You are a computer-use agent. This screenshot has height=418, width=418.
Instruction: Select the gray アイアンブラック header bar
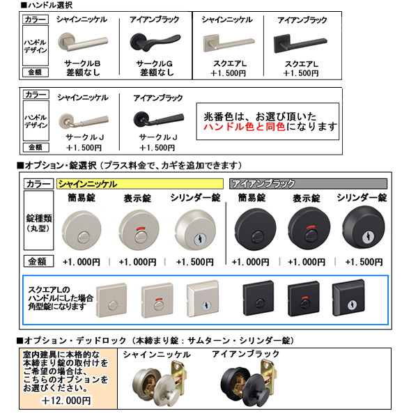[307, 183]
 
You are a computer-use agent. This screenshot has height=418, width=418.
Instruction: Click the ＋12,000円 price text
[65, 401]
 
